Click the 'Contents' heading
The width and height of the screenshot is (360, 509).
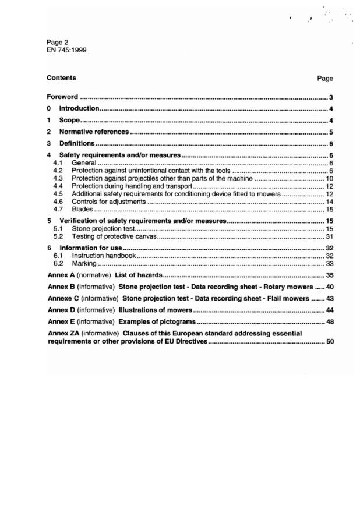coord(61,77)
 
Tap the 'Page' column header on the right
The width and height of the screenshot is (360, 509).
coord(325,78)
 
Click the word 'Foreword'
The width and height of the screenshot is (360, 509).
coord(62,97)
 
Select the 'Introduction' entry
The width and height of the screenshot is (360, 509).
coord(79,109)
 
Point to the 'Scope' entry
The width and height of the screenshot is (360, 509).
coord(69,121)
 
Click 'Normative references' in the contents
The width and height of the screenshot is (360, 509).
coord(94,132)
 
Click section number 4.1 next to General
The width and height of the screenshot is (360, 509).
coord(58,163)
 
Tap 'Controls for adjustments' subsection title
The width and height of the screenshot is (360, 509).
coord(108,201)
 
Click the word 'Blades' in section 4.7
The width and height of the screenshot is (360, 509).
coord(82,208)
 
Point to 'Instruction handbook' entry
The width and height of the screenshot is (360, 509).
coord(104,256)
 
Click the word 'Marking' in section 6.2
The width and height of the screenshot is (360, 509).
coord(84,263)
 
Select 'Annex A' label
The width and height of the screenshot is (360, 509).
coord(61,274)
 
